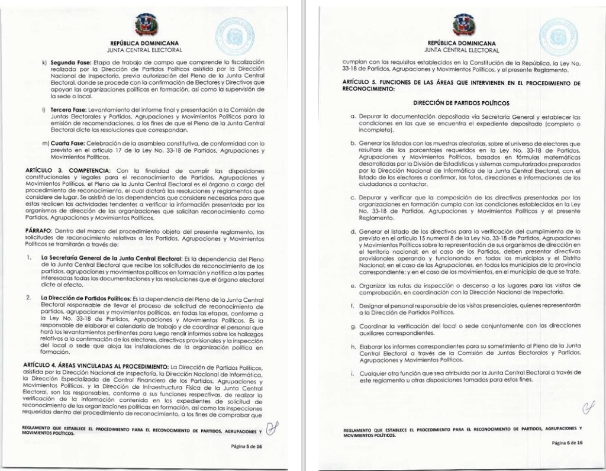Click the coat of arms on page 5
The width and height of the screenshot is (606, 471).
tap(145, 25)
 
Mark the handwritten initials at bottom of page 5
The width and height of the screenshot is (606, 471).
tap(270, 428)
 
